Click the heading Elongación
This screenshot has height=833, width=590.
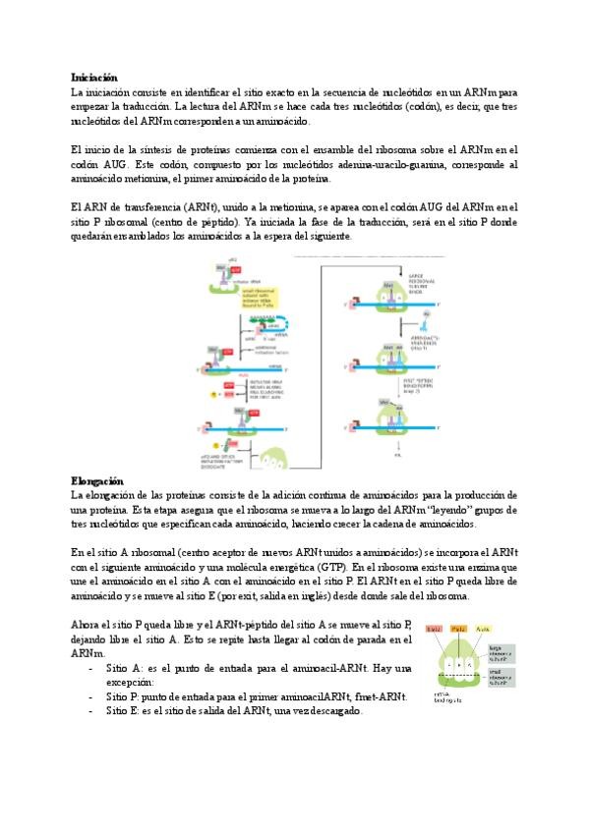tap(96, 480)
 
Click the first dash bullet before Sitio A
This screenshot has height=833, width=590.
tap(91, 667)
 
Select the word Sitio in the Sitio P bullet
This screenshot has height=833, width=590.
tap(117, 696)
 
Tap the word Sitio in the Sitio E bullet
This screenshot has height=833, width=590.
tap(117, 711)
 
